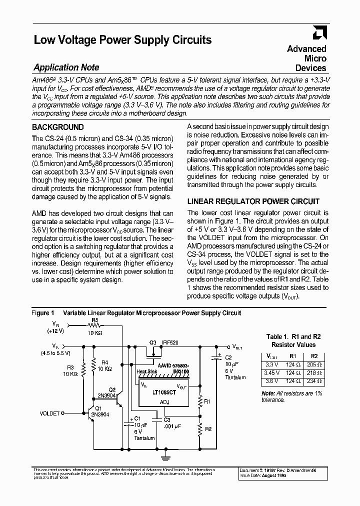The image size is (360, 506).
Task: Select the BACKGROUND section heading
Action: tap(58, 127)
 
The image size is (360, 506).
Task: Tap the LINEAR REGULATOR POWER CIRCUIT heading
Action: tap(253, 201)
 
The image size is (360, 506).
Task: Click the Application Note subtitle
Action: tap(66, 67)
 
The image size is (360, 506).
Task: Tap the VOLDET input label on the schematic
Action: tap(49, 413)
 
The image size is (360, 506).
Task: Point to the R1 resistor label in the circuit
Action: tap(207, 400)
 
